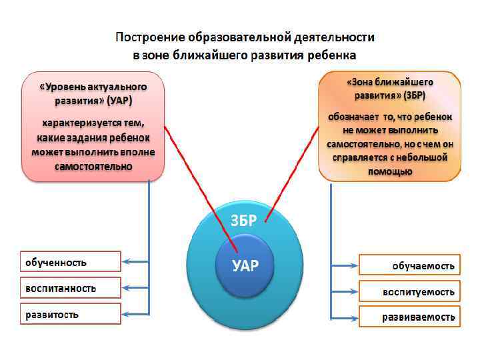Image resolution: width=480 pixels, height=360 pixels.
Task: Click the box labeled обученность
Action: (x=70, y=262)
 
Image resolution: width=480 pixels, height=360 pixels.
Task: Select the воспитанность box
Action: (x=70, y=288)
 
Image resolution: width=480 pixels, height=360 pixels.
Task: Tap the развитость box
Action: (x=70, y=314)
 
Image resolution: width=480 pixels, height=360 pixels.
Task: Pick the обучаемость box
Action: (x=409, y=265)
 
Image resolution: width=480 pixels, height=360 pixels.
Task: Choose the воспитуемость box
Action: (x=409, y=291)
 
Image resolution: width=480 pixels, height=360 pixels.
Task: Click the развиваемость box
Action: (x=409, y=317)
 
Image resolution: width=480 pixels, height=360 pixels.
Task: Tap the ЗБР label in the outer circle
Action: (x=243, y=221)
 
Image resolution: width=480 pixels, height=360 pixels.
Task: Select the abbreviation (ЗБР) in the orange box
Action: (x=408, y=95)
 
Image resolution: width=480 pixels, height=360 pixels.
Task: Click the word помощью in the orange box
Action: (x=389, y=171)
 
